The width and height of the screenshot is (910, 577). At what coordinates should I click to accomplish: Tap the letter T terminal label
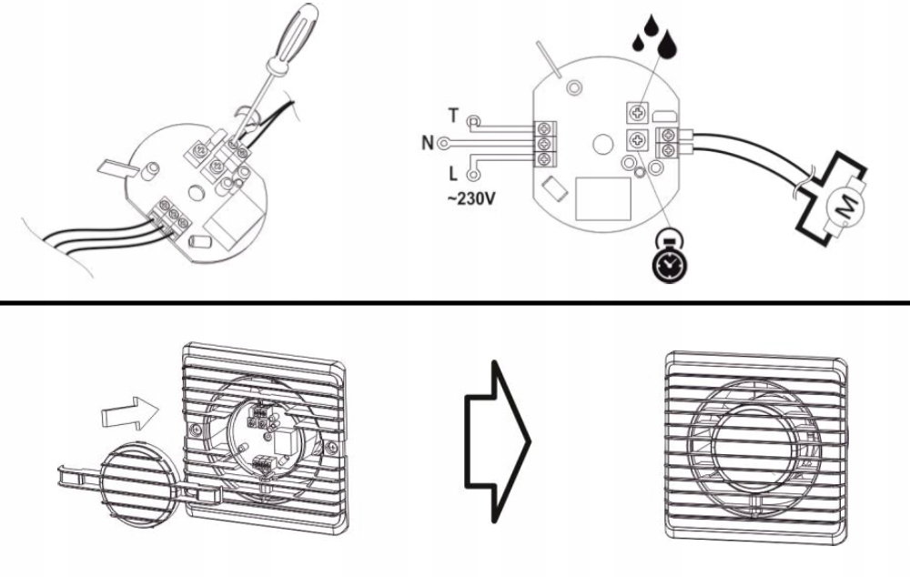coord(453,116)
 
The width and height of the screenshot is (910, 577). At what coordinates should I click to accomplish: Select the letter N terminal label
coord(428,143)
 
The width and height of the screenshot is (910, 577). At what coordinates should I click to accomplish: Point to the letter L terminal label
coord(453,174)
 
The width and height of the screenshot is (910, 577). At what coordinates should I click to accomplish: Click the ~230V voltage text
coord(471,198)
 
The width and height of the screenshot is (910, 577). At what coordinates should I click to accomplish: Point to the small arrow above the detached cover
coord(129,413)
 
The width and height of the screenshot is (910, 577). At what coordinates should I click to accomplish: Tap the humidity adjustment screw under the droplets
coord(638,113)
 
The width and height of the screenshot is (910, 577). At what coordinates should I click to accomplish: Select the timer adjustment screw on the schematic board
coord(638,140)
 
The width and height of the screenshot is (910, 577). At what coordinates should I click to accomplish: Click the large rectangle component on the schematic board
coord(603,199)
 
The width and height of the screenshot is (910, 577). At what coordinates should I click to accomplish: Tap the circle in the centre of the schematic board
coord(603,145)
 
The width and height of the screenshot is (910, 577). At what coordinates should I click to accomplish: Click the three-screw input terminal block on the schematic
coord(544,144)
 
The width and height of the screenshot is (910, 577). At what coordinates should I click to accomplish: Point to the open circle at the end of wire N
coord(444,142)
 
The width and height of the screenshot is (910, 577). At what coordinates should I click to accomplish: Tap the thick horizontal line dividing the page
coord(455,302)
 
